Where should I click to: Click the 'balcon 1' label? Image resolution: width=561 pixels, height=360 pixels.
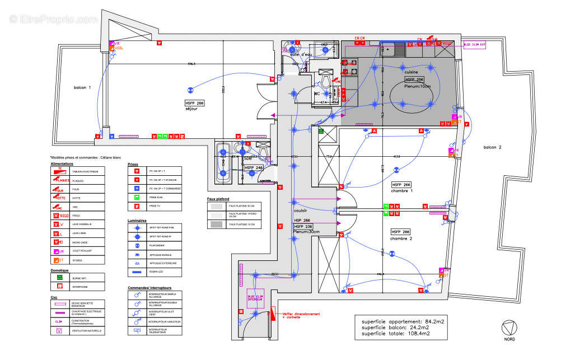[x=82, y=88]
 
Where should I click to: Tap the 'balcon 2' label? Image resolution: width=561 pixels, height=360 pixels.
[x=494, y=147]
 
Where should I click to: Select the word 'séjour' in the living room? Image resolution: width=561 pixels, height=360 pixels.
[x=192, y=109]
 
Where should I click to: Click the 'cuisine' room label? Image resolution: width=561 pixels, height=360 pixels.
[x=412, y=72]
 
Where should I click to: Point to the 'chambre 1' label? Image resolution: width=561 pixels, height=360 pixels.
[x=402, y=191]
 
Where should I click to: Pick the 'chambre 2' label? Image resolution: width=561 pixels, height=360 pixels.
[x=402, y=239]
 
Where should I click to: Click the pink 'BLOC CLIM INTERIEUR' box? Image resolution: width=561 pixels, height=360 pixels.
[x=255, y=298]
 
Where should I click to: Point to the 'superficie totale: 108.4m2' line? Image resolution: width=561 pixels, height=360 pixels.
[x=395, y=334]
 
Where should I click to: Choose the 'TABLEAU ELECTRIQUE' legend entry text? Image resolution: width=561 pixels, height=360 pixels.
[x=85, y=171]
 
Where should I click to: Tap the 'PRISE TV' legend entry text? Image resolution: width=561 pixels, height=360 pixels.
[x=155, y=207]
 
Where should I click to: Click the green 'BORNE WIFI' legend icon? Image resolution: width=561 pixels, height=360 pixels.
[x=60, y=277]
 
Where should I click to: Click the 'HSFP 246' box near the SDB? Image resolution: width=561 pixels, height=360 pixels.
[x=254, y=167]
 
